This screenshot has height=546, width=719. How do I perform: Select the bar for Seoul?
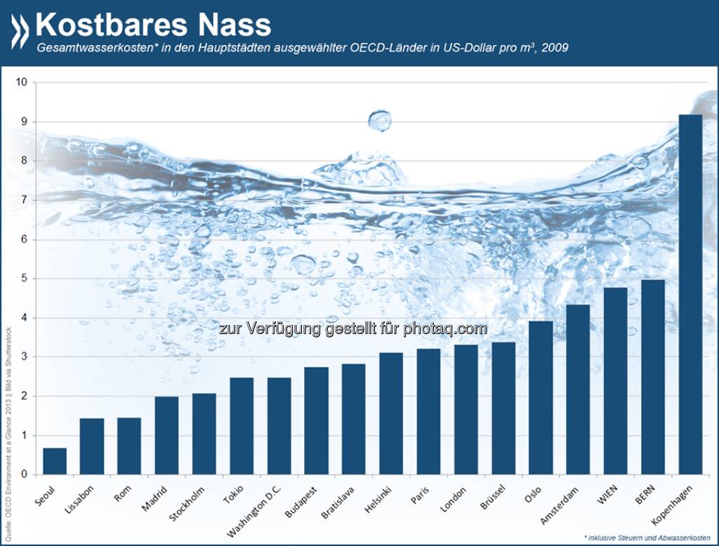coord(55,461)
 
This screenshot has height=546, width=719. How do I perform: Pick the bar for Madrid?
coord(166,435)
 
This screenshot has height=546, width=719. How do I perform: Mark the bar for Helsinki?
coord(391,413)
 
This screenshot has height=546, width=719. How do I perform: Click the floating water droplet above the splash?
coord(380,120)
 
